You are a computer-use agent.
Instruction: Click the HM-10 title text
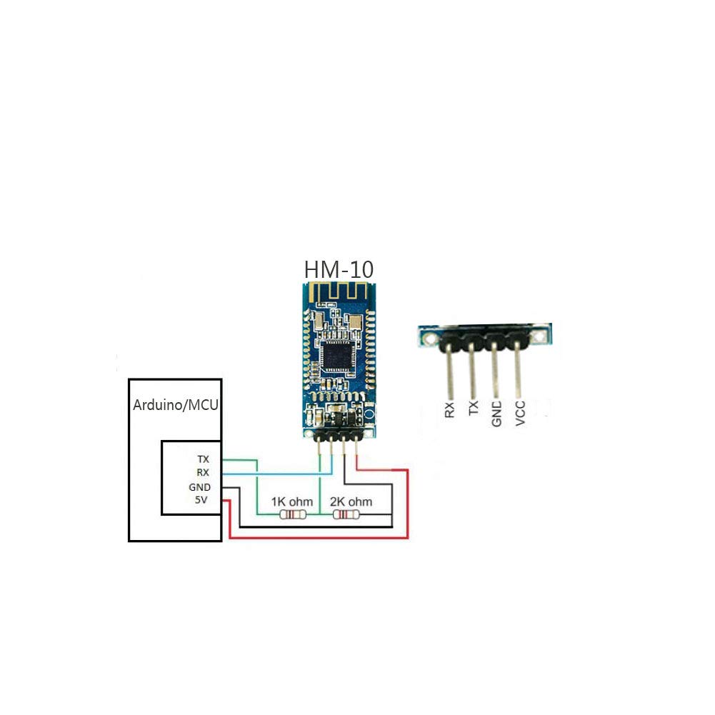click(339, 270)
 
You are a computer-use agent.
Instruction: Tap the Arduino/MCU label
click(176, 405)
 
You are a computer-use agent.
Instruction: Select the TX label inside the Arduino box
click(203, 459)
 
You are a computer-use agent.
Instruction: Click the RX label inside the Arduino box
click(203, 472)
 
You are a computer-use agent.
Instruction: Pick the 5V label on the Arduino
click(202, 500)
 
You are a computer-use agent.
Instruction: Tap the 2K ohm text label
click(351, 501)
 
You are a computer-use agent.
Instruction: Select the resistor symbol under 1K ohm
click(294, 514)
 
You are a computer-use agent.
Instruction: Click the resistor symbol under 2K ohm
click(346, 514)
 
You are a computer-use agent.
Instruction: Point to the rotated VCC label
click(521, 414)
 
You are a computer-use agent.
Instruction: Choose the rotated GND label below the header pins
click(496, 414)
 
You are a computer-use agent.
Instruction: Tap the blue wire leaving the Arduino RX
click(271, 472)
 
